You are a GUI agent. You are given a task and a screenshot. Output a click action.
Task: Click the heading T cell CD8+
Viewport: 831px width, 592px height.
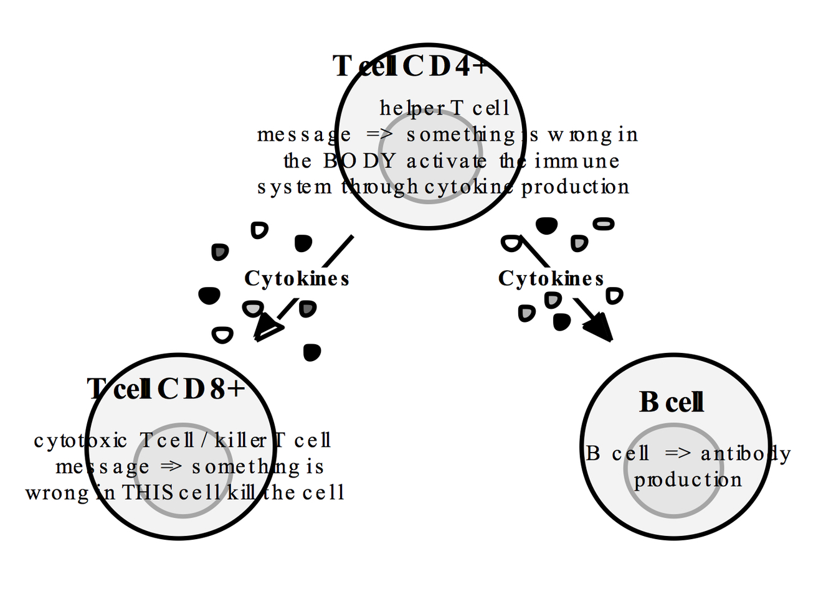point(166,389)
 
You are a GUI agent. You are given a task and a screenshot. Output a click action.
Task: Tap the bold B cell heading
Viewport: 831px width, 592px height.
point(672,402)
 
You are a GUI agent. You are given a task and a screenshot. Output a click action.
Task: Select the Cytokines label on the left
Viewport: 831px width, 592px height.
point(297,278)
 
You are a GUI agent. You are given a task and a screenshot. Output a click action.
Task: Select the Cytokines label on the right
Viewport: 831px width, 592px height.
point(551,278)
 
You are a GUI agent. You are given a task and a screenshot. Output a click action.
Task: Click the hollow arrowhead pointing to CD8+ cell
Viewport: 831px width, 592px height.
point(268,329)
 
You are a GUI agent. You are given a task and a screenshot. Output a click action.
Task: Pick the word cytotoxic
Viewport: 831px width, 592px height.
point(80,441)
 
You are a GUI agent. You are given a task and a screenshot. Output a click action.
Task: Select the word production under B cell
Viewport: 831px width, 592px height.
point(688,480)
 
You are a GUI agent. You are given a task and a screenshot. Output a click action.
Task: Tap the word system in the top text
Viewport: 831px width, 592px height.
point(295,187)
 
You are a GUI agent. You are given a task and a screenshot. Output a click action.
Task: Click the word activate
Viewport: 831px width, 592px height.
point(447,161)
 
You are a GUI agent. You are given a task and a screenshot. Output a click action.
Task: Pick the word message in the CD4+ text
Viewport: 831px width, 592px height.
point(304,134)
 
